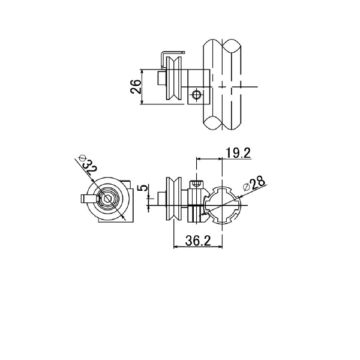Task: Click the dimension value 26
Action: [136, 86]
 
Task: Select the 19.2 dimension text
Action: [238, 153]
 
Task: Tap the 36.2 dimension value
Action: [197, 241]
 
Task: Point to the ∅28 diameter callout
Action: [254, 184]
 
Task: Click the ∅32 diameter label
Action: [88, 165]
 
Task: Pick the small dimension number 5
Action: [144, 188]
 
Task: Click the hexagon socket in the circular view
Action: [107, 199]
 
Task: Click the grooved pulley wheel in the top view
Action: [174, 78]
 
